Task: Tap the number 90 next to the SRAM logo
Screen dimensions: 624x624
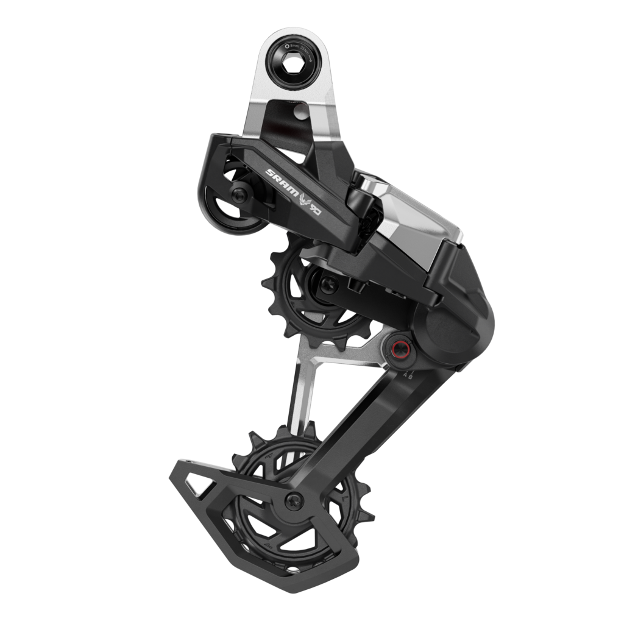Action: click(315, 208)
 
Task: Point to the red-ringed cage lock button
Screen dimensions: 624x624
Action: click(399, 349)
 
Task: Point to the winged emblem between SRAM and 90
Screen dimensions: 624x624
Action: click(302, 197)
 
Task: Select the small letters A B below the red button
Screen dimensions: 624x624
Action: click(407, 376)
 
